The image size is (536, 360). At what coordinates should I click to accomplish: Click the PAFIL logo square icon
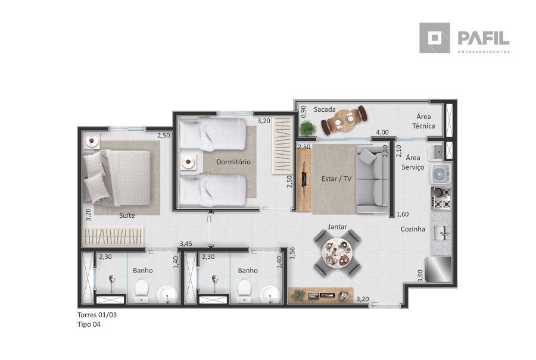[x=435, y=38]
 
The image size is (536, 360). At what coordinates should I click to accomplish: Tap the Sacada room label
[x=325, y=109]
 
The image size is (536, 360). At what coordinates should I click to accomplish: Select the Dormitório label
[x=233, y=162]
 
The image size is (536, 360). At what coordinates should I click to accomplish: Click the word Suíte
[x=127, y=215]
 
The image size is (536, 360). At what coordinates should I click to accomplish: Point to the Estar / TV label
[x=336, y=179]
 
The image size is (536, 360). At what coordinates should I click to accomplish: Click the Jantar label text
[x=338, y=227]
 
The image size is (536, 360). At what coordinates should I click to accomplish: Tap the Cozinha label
[x=413, y=229]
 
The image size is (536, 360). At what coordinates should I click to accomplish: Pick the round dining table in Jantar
[x=338, y=253]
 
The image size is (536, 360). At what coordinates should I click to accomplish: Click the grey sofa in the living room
[x=372, y=179]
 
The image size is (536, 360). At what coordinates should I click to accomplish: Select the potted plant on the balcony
[x=308, y=129]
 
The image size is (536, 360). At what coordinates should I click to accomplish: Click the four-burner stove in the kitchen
[x=441, y=198]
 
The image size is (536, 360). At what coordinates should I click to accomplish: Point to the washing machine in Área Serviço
[x=441, y=174]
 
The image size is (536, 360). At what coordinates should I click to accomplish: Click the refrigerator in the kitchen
[x=438, y=270]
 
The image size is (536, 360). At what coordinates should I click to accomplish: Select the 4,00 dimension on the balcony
[x=382, y=132]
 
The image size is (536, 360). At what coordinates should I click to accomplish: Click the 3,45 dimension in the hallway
[x=186, y=243]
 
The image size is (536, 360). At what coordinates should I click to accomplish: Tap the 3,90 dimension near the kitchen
[x=420, y=276]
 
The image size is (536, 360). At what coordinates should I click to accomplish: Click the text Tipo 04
[x=89, y=324]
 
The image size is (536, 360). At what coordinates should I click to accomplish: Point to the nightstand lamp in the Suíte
[x=92, y=140]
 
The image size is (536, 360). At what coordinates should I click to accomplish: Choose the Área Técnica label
[x=423, y=121]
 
